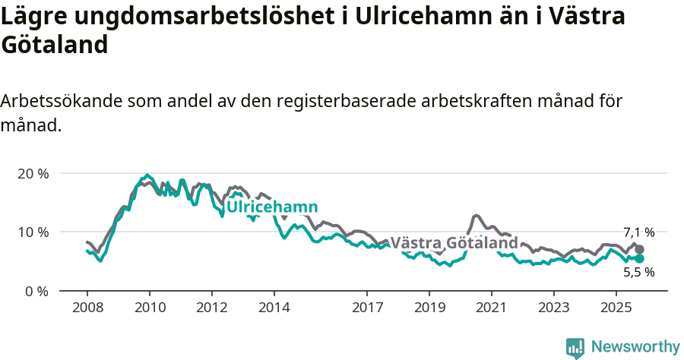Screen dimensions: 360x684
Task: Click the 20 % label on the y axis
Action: pyautogui.click(x=33, y=173)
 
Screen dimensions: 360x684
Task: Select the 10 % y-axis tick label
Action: pyautogui.click(x=33, y=232)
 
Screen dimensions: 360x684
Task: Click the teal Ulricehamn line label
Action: pyautogui.click(x=272, y=207)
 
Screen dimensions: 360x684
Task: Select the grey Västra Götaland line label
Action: pyautogui.click(x=454, y=243)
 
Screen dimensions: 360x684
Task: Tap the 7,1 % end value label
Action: pyautogui.click(x=638, y=232)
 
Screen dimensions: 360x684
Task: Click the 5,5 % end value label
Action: pyautogui.click(x=638, y=272)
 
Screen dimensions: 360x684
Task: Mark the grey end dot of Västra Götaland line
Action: pyautogui.click(x=640, y=249)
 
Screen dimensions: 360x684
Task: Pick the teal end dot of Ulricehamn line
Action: pyautogui.click(x=640, y=258)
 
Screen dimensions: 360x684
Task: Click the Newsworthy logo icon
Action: pyautogui.click(x=575, y=348)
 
